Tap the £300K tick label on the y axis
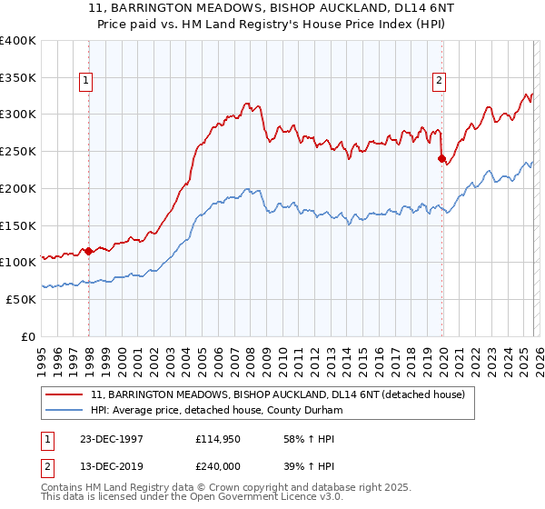(18, 115)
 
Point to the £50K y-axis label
(21, 299)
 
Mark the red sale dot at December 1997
(89, 252)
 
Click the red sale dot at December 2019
(441, 159)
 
